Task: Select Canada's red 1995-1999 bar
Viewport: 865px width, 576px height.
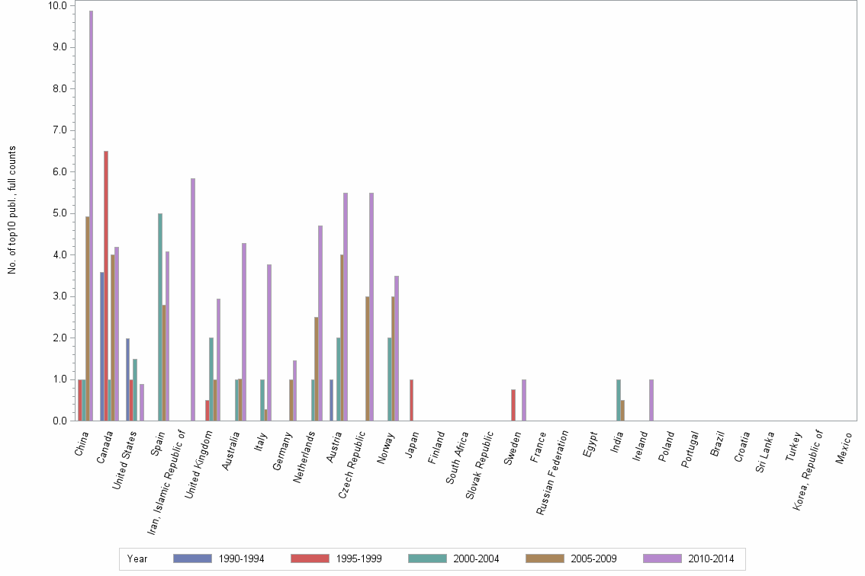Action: point(106,286)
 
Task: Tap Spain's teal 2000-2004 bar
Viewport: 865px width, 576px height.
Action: point(160,317)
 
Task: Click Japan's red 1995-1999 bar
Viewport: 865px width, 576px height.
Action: point(411,400)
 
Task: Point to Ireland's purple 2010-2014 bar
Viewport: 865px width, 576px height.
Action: point(651,400)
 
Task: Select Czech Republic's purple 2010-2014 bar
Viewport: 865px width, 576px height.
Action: point(371,306)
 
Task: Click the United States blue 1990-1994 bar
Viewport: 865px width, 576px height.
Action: point(127,379)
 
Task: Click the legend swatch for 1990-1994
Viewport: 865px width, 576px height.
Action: point(192,558)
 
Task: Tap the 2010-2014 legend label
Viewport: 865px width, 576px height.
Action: point(711,558)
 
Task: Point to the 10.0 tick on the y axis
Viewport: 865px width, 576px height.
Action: point(58,5)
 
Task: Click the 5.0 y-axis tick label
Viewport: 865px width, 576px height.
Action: point(58,213)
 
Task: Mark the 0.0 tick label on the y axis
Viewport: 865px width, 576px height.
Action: point(58,421)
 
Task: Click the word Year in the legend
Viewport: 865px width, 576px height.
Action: point(137,558)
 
